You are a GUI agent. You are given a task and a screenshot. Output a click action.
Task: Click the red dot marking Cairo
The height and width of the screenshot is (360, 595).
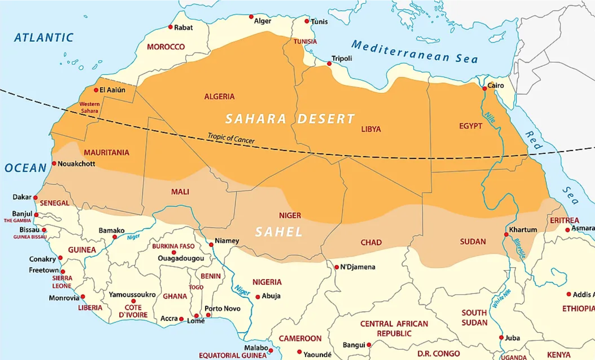[x=485, y=89]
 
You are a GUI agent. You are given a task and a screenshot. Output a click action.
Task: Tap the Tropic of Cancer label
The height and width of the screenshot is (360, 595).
[x=231, y=138]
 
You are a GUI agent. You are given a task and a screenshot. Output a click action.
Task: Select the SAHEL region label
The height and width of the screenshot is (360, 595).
[x=279, y=232]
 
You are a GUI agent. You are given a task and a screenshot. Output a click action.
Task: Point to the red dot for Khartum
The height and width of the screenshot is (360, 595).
[x=506, y=234]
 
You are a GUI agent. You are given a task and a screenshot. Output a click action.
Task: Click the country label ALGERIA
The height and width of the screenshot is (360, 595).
[x=219, y=97]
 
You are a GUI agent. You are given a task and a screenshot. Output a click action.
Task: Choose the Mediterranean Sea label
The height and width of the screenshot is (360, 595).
[x=414, y=52]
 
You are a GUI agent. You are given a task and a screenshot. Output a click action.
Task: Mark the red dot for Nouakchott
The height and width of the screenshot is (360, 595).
[x=54, y=164]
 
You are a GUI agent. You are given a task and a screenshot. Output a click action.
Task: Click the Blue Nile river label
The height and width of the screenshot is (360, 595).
[x=519, y=248]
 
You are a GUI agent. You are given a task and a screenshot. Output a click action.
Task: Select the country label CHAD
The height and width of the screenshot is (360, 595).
[x=371, y=242]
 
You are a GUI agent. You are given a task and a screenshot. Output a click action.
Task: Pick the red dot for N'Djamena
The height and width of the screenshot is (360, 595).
[x=337, y=267]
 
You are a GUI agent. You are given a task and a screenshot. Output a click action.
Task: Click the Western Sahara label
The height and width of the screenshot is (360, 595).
[x=89, y=107]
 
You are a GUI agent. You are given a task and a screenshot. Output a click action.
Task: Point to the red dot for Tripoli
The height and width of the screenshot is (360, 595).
[x=329, y=64]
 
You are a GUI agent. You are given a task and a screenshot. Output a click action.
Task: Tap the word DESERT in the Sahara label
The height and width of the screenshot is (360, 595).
[x=326, y=119]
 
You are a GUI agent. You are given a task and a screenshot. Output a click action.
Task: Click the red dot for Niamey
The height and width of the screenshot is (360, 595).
[x=211, y=244]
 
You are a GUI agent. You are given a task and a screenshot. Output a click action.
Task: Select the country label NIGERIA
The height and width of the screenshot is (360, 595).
[x=267, y=282]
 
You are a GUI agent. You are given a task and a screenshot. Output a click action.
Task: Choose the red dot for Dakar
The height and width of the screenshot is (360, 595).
[x=35, y=198]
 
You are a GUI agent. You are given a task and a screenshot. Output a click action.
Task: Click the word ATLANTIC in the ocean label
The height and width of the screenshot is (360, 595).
[x=44, y=38]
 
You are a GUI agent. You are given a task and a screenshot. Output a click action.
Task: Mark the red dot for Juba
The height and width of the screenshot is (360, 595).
[x=501, y=337]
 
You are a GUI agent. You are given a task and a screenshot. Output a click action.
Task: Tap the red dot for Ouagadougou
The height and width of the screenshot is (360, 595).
[x=174, y=253]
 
